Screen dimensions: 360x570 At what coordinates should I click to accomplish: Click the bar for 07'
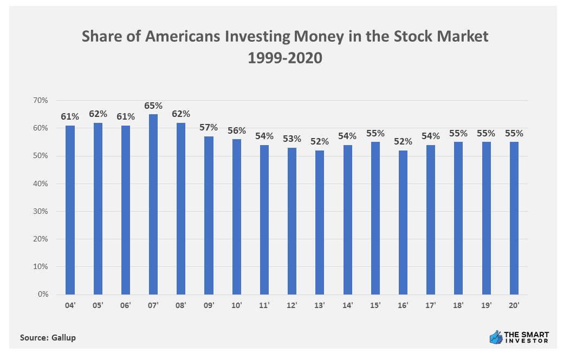153,204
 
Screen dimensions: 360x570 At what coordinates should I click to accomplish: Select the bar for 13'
320,222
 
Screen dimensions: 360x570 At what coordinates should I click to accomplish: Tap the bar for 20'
514,218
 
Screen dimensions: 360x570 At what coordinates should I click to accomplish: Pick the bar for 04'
70,210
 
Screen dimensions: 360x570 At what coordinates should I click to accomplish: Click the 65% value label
153,106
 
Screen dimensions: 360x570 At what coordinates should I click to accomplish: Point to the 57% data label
209,128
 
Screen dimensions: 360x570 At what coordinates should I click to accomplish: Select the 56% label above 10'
237,130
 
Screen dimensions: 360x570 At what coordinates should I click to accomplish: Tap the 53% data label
292,139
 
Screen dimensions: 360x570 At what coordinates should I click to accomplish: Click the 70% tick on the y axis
41,101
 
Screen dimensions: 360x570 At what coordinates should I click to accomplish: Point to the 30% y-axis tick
41,212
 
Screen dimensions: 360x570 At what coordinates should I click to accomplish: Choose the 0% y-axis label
43,295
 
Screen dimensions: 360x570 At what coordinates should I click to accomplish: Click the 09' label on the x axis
209,306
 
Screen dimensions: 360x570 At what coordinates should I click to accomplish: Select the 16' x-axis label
403,306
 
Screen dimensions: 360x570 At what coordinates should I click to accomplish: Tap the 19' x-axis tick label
487,306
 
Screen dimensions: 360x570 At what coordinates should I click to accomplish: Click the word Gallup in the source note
64,337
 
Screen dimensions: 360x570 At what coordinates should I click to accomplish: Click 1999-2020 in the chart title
285,58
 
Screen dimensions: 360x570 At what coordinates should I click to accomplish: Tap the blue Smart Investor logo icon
495,337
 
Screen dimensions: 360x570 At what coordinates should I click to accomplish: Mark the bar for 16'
403,222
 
